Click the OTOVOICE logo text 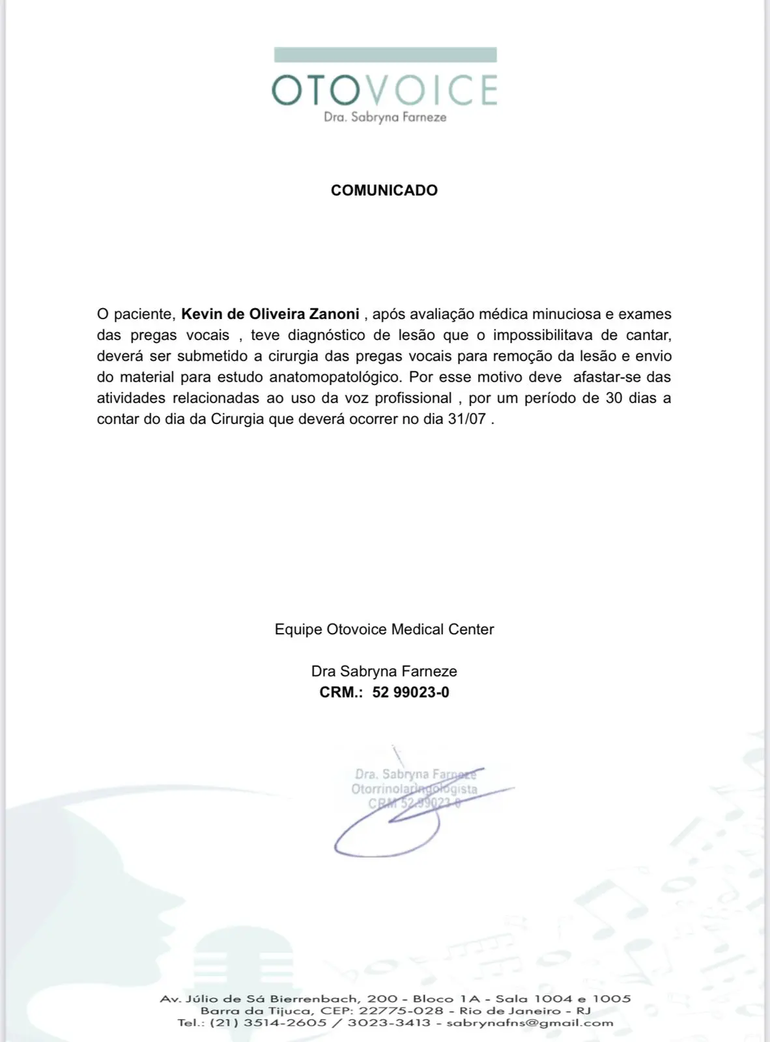(x=384, y=90)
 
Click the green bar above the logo (x=385, y=55)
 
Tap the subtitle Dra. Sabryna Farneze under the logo (x=385, y=117)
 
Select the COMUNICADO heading (x=384, y=190)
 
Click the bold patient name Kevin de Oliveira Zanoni (x=270, y=314)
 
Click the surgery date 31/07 (x=466, y=419)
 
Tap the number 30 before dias (x=614, y=398)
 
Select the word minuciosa (x=566, y=314)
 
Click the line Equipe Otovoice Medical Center (x=384, y=629)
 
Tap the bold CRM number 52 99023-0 (x=410, y=692)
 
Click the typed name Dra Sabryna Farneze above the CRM (x=384, y=671)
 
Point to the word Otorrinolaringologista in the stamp (x=414, y=789)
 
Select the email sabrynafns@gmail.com (x=530, y=1022)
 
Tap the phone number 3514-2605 (x=285, y=1022)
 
